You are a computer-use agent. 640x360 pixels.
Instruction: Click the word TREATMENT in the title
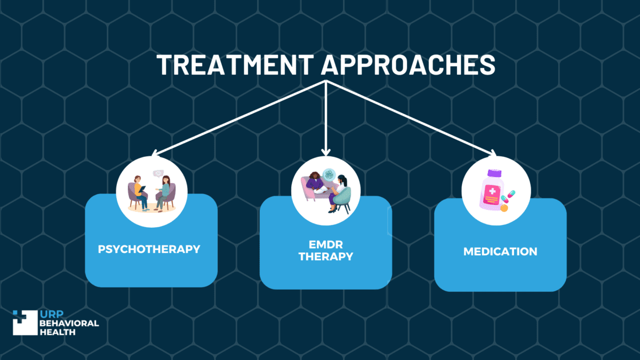(x=235, y=65)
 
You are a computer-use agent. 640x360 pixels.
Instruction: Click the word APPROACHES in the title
(x=409, y=65)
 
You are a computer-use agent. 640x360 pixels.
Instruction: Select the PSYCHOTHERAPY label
(x=149, y=249)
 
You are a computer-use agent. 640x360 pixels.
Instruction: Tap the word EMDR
(x=326, y=245)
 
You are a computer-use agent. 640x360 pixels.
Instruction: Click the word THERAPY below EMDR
(x=326, y=257)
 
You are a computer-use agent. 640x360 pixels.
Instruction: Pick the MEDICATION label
(x=500, y=252)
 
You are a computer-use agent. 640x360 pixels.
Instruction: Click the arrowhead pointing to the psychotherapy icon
(x=155, y=153)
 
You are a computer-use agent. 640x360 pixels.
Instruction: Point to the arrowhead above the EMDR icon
(x=326, y=153)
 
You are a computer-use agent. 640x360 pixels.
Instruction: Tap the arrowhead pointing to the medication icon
(x=493, y=153)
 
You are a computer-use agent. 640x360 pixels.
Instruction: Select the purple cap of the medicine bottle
(x=494, y=173)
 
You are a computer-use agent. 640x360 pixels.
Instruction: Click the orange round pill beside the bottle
(x=504, y=208)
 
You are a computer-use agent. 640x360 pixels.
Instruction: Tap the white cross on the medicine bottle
(x=492, y=191)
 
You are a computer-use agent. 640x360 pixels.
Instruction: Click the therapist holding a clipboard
(x=139, y=193)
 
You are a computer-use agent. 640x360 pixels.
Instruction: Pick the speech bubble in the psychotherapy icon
(x=158, y=173)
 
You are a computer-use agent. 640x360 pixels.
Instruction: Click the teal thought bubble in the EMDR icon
(x=329, y=175)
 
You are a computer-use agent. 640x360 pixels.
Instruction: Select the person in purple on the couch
(x=316, y=183)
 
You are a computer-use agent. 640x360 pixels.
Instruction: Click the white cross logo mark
(x=25, y=323)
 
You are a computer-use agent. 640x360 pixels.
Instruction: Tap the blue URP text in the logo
(x=52, y=314)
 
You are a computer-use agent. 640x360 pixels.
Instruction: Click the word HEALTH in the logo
(x=58, y=332)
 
